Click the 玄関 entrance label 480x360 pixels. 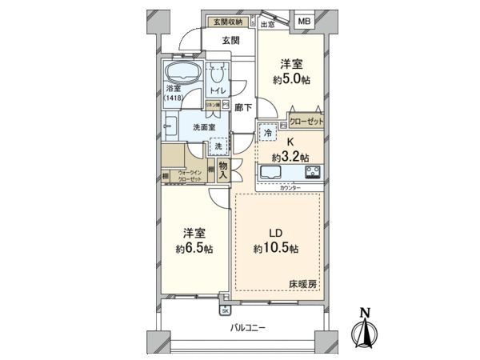231,40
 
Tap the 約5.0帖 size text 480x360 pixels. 290,80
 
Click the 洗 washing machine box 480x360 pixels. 217,146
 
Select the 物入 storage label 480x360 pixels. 224,170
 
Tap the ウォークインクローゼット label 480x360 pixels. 190,176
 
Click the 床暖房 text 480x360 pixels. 303,284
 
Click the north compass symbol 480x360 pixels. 366,327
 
